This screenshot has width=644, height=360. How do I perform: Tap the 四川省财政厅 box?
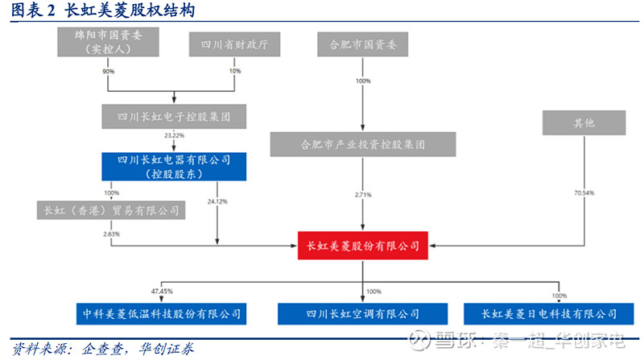coord(234,45)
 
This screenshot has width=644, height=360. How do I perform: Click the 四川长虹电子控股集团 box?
coord(174,117)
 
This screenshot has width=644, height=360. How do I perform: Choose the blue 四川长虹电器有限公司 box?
coord(175,166)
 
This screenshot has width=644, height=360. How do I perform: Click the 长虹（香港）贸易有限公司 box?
coord(111,211)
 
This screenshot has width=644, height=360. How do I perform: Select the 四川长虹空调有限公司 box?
coord(363,313)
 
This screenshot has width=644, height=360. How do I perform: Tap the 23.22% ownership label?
coord(174,135)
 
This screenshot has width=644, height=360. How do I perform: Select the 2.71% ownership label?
coord(363,194)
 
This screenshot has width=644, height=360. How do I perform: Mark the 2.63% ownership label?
coord(111,234)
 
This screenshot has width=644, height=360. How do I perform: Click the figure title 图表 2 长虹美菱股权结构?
coord(101,10)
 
